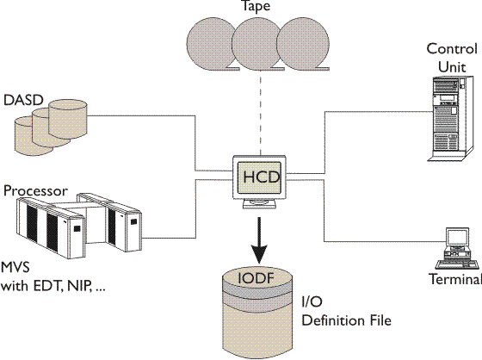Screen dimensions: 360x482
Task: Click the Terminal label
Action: coord(453,280)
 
